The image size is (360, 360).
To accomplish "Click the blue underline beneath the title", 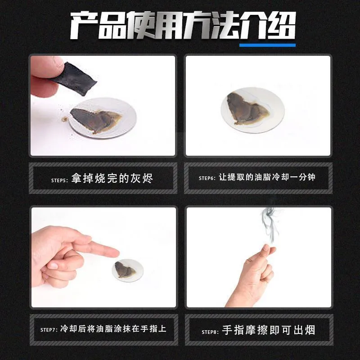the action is [x=267, y=45].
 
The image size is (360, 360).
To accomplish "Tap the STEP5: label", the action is [x=59, y=180].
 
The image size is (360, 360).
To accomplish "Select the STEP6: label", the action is [x=207, y=178].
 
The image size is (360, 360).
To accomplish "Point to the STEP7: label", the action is [x=49, y=330].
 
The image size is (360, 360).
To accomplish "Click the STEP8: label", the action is [x=210, y=332].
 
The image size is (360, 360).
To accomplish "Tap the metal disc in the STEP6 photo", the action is [x=252, y=110].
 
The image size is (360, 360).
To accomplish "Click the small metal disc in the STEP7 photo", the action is [x=128, y=270].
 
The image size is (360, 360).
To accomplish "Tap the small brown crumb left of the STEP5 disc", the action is [x=64, y=119].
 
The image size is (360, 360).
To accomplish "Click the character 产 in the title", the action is [x=84, y=25].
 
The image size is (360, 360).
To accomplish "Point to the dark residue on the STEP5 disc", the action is [x=96, y=120].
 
